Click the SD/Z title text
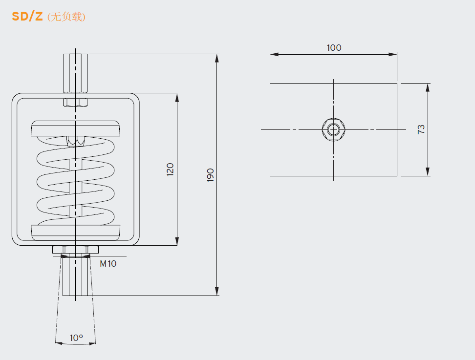point(27,16)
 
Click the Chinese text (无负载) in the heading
point(66,17)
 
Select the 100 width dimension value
point(334,47)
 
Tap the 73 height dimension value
point(421,129)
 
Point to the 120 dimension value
point(170,169)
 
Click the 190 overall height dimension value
point(211,175)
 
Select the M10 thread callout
point(108,264)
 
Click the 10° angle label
point(76,338)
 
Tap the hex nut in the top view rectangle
point(334,129)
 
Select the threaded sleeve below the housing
point(75,276)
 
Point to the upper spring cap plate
point(75,128)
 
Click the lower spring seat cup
point(75,233)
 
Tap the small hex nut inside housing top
point(75,103)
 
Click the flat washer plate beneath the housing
point(75,250)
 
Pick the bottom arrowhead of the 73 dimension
point(428,172)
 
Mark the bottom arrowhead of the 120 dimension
point(177,242)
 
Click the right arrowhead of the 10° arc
point(93,343)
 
